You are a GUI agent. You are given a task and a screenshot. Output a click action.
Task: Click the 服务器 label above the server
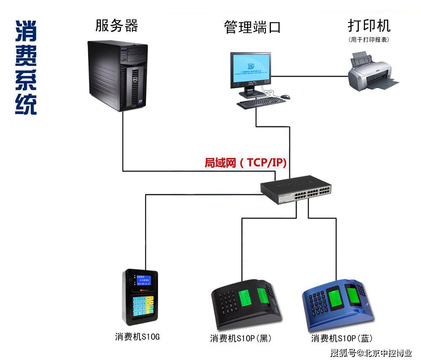[x=117, y=26]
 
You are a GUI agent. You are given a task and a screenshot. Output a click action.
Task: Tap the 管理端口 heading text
[x=252, y=27]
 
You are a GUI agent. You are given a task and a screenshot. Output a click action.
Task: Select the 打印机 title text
[x=369, y=25]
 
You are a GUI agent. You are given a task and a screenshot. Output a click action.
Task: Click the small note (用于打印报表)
[x=368, y=39]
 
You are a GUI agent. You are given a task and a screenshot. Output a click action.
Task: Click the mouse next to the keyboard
[x=285, y=97]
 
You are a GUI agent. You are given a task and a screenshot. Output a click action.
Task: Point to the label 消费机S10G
[x=137, y=337]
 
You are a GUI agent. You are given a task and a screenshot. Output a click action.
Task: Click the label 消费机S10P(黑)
[x=241, y=338]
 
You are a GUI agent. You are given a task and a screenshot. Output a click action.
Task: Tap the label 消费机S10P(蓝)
[x=342, y=338]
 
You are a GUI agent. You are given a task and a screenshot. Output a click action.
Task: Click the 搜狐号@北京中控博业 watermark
[x=371, y=353]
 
